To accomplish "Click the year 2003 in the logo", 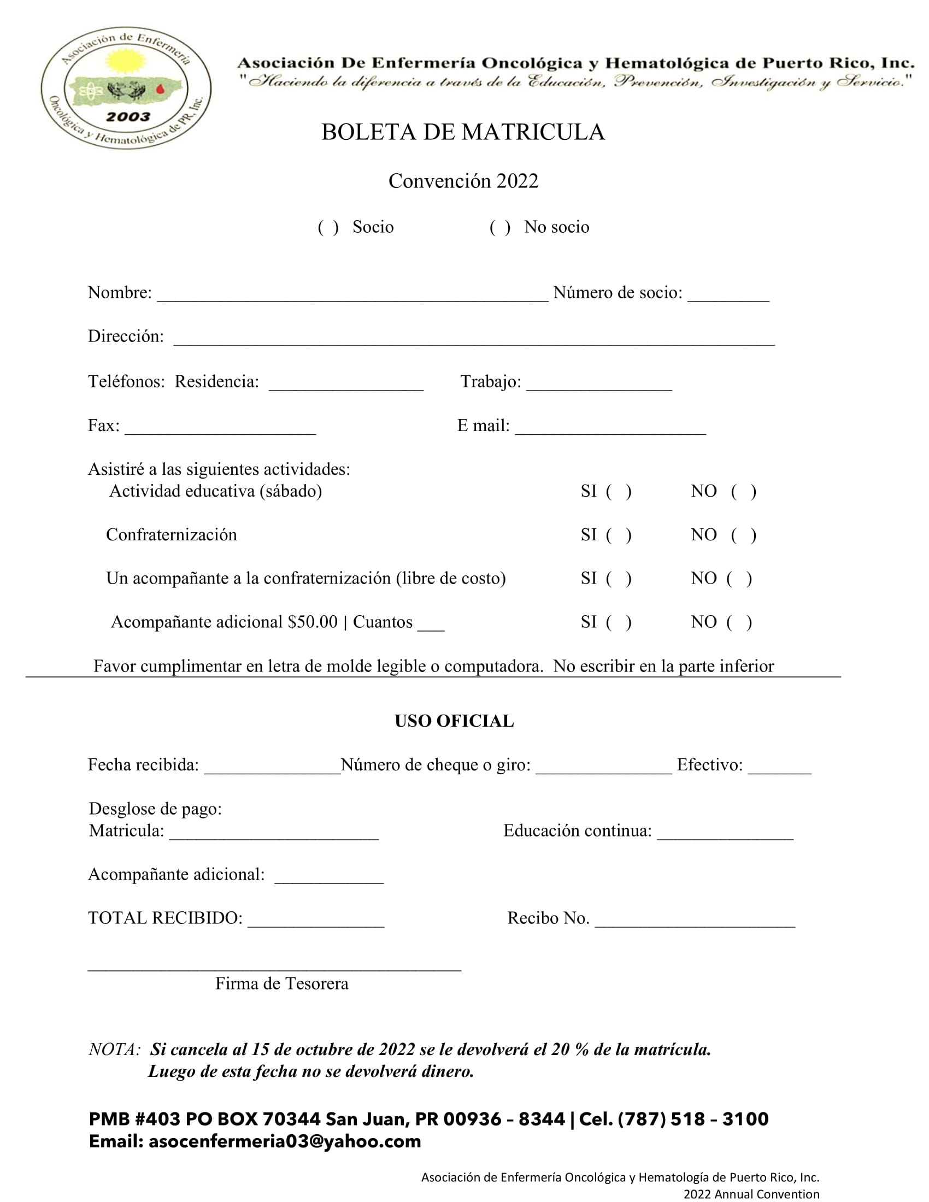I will pos(128,117).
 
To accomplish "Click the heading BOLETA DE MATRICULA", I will pos(463,132).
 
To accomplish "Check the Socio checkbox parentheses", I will pos(328,227).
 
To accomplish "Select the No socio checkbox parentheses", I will pos(499,227).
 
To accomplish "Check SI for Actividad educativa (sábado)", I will pos(618,492).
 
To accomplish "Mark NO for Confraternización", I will pos(744,535).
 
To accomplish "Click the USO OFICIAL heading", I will pos(454,721).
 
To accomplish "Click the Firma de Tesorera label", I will pos(282,983).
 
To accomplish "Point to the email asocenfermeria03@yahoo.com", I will pos(285,1141).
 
